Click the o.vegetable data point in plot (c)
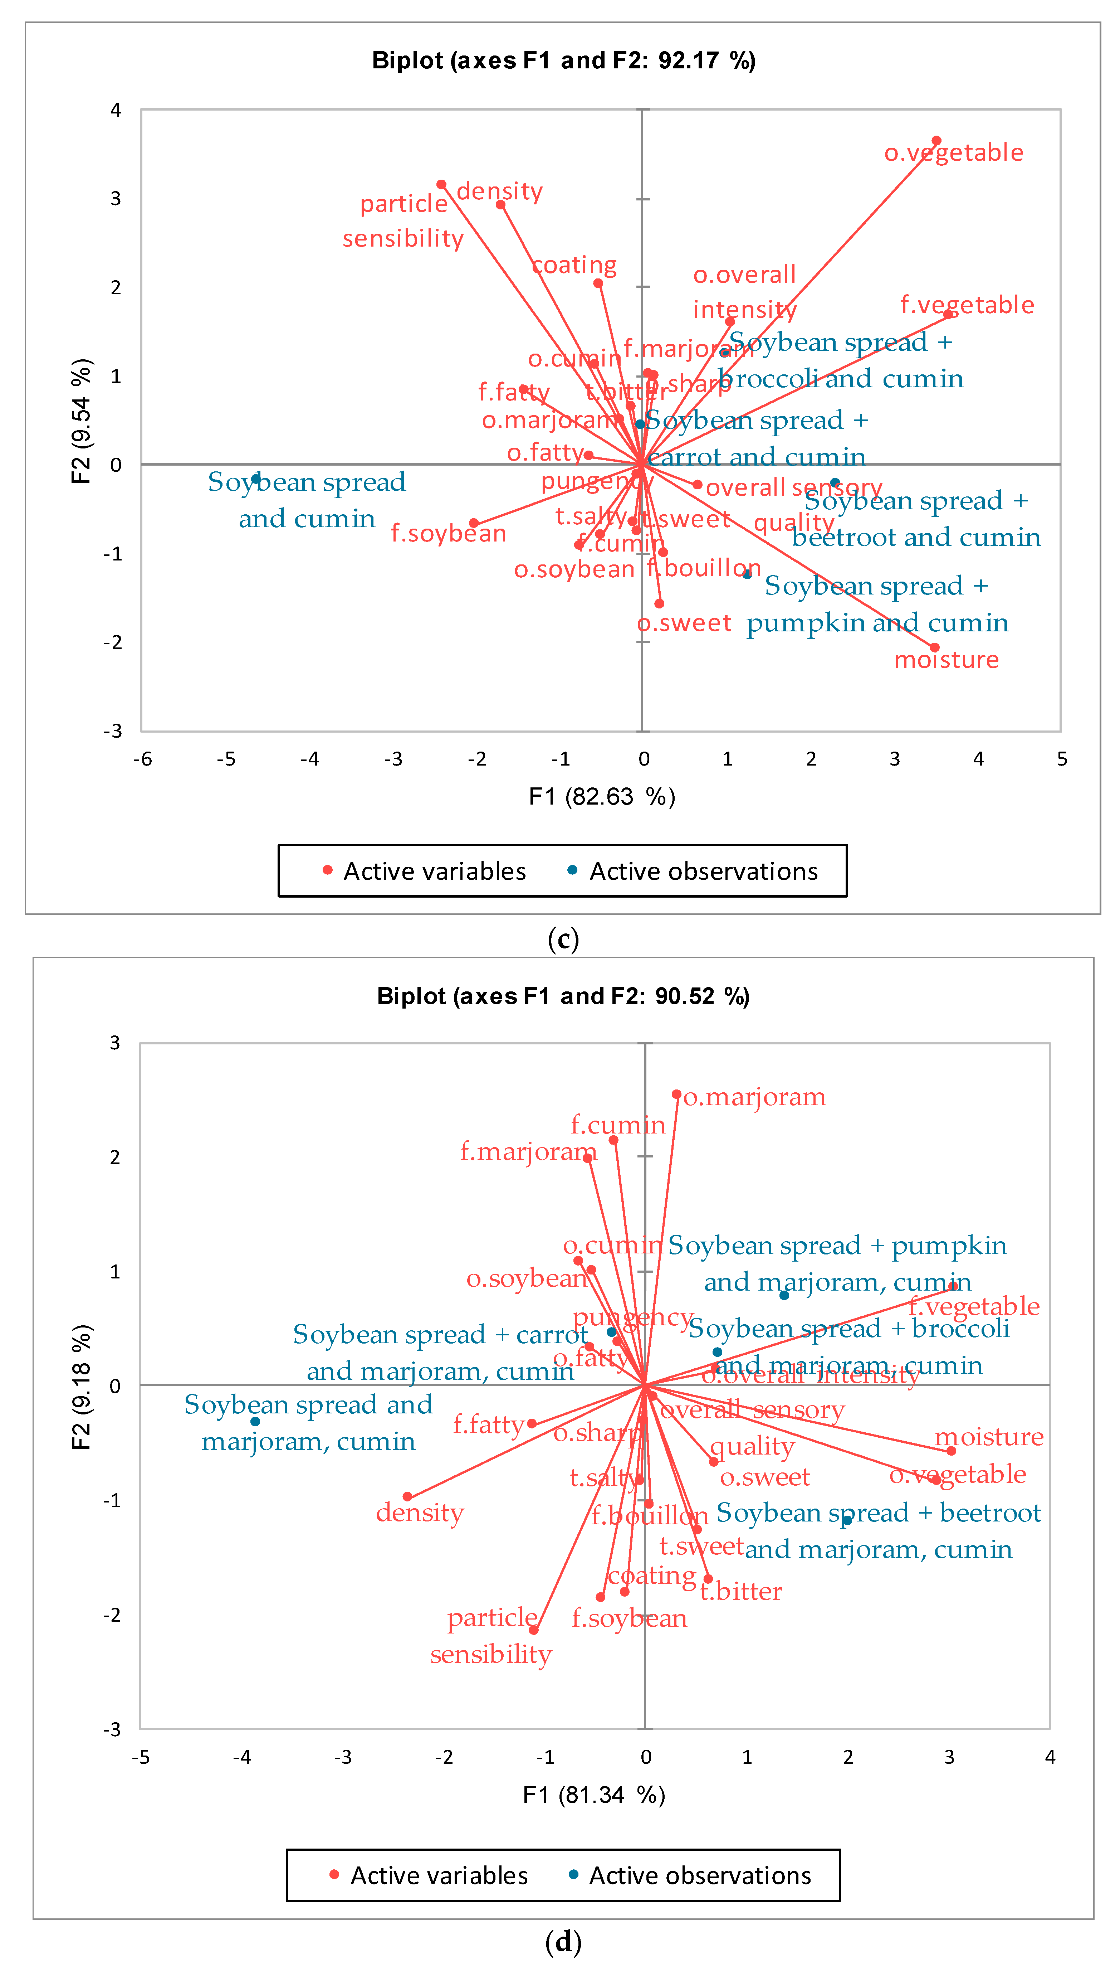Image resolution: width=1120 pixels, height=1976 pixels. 936,141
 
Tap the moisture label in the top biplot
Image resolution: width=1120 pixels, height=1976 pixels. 946,659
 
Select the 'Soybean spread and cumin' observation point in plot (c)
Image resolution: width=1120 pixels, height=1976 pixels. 255,479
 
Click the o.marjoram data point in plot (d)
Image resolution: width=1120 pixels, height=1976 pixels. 676,1094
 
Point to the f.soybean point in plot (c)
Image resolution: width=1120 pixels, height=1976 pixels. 474,523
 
